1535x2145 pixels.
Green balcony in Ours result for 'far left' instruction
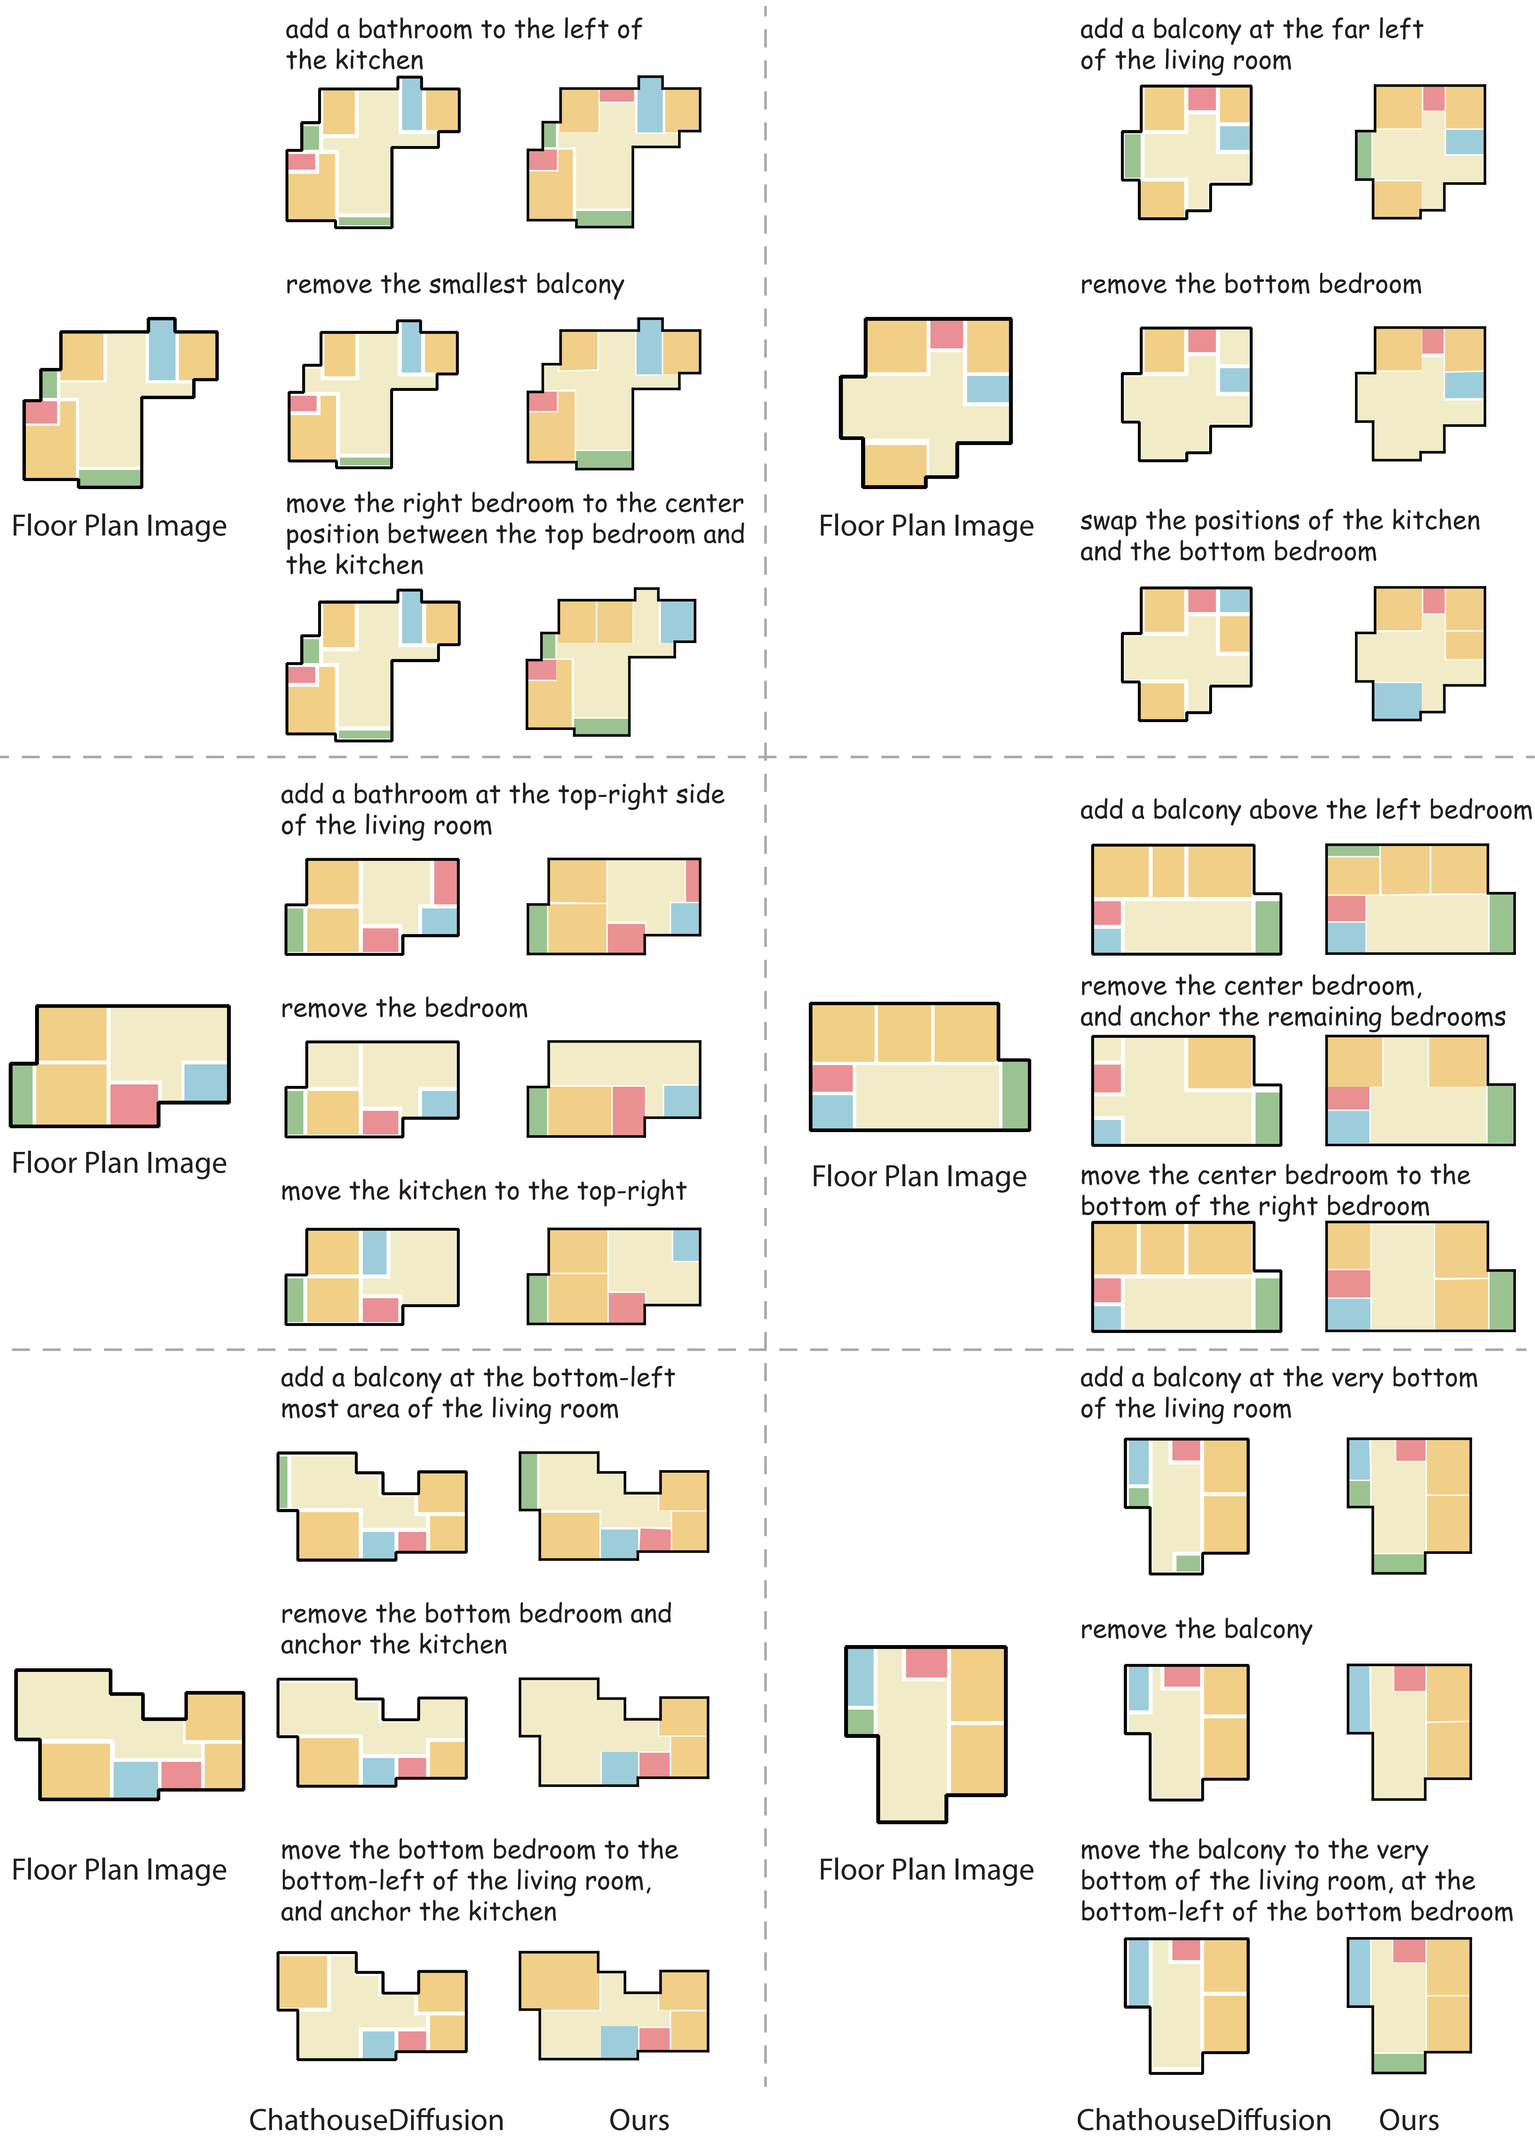(1364, 155)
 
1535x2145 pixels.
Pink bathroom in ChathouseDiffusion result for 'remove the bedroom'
(381, 1122)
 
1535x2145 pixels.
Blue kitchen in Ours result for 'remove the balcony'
(1359, 1699)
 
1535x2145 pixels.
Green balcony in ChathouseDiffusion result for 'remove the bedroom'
(295, 1113)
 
